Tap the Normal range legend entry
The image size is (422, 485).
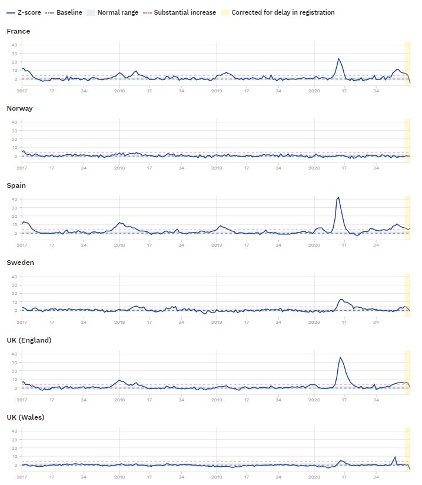(109, 12)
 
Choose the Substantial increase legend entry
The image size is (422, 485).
(180, 12)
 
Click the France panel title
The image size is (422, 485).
(18, 31)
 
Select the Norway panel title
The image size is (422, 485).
(19, 108)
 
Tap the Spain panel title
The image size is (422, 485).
(17, 185)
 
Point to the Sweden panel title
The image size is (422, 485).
(20, 263)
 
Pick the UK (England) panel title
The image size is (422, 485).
(29, 340)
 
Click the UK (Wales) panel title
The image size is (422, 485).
(25, 417)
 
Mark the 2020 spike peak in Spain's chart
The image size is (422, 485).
(338, 198)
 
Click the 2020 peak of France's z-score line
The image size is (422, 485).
(338, 58)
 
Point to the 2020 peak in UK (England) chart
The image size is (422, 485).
(340, 357)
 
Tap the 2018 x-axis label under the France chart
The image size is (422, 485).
(119, 91)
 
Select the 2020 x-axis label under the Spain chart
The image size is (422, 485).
(314, 245)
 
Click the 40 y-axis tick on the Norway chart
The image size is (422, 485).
(14, 122)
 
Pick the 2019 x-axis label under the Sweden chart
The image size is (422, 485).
(217, 323)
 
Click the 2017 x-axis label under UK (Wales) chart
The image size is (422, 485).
(22, 477)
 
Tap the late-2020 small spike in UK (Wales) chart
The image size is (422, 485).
(396, 457)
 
